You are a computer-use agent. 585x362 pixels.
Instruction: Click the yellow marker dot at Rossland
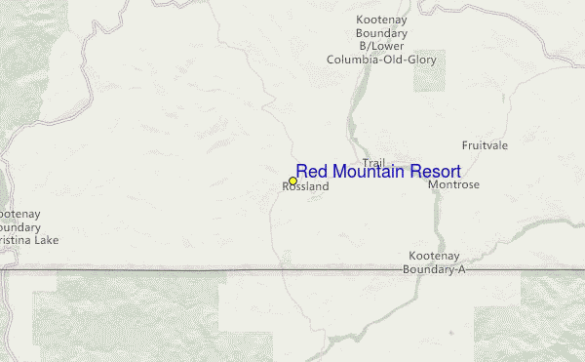[292, 181]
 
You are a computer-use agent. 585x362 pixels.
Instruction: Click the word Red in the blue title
[313, 172]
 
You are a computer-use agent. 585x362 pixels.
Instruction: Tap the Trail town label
[373, 162]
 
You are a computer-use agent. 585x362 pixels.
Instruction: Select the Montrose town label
[454, 184]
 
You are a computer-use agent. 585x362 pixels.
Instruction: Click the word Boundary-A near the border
[434, 269]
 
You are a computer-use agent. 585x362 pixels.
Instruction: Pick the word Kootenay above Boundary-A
[434, 256]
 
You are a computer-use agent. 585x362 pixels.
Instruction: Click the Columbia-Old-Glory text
[382, 60]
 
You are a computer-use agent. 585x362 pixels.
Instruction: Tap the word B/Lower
[382, 46]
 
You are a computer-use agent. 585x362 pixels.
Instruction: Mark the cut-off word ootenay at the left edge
[19, 213]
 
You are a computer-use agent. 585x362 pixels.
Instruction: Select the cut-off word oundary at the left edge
[19, 226]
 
